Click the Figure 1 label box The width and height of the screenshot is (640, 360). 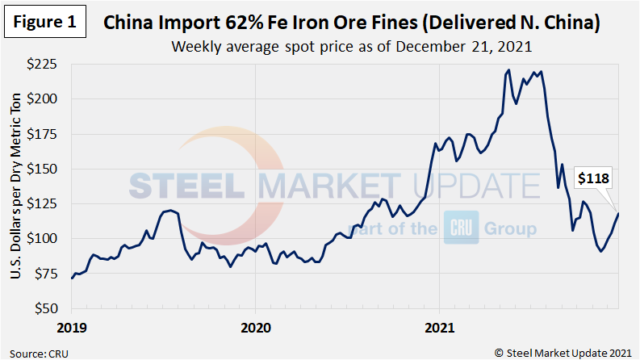pos(44,22)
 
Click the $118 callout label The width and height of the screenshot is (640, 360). pos(591,178)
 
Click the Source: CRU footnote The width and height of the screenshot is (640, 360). pos(40,351)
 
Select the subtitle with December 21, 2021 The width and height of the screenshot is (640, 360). pos(351,47)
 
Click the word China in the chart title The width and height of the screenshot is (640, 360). pos(132,23)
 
